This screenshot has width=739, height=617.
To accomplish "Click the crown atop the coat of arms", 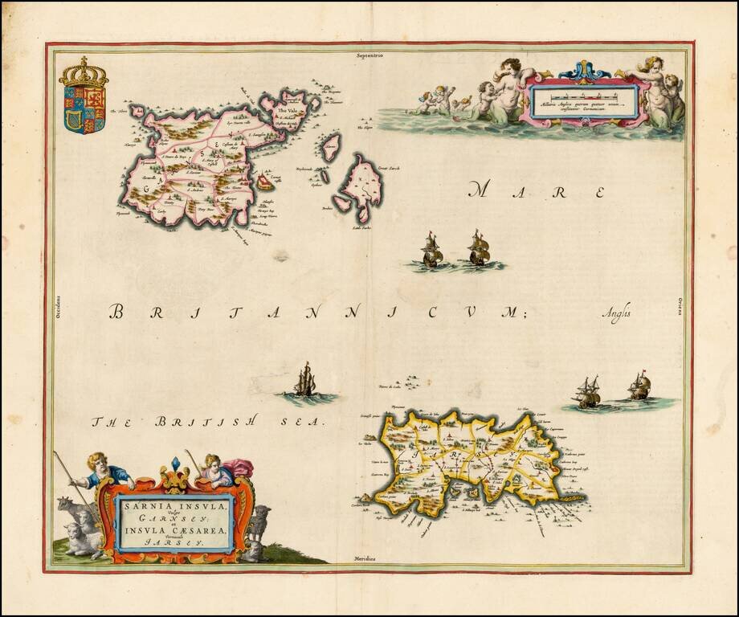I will pyautogui.click(x=83, y=73).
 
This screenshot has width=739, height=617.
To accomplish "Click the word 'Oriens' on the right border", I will pyautogui.click(x=680, y=306).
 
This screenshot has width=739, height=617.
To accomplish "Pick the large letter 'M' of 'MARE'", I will pyautogui.click(x=480, y=190).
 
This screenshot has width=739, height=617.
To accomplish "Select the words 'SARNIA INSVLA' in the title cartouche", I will pyautogui.click(x=174, y=507).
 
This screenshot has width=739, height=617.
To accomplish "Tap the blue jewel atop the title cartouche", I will pyautogui.click(x=176, y=464).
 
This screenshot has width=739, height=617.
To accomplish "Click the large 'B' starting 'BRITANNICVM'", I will pyautogui.click(x=117, y=312).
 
